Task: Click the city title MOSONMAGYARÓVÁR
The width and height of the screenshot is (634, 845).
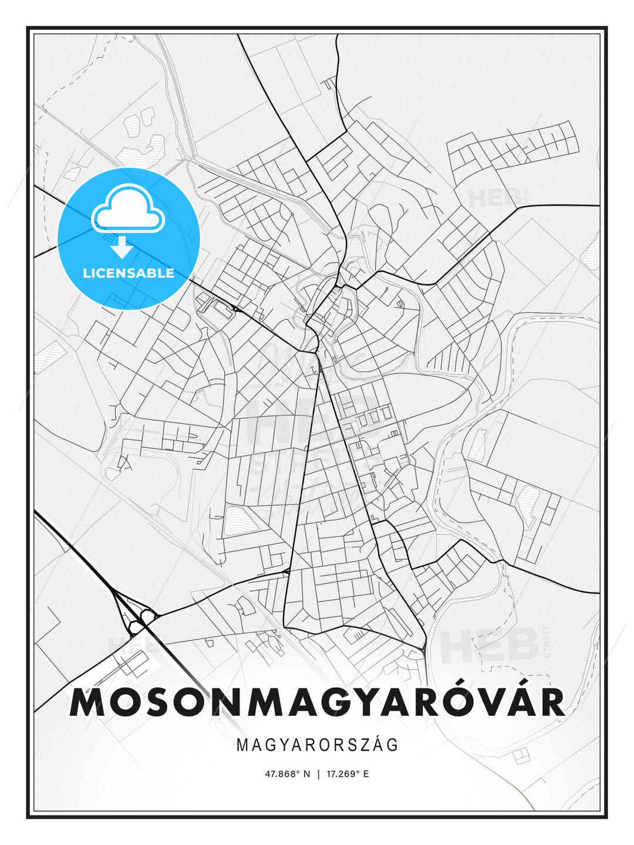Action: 317,702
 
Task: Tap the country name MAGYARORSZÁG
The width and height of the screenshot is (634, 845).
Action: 318,745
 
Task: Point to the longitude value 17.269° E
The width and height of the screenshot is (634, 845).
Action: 346,774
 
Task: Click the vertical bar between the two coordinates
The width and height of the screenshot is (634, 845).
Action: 318,774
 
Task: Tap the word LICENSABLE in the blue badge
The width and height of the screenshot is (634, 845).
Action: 129,273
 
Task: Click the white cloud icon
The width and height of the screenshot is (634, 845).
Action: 127,208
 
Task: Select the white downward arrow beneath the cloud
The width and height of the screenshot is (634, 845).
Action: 122,248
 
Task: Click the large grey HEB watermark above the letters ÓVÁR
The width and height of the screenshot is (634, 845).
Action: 489,645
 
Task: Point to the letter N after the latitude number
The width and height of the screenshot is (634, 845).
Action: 306,774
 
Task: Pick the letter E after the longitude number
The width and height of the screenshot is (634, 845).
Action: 366,774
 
